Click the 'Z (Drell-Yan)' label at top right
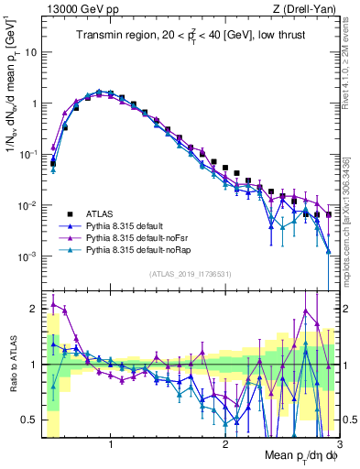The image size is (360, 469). (x=308, y=8)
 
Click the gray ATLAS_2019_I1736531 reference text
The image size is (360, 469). (x=190, y=274)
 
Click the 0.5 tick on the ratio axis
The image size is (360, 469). (x=29, y=420)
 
